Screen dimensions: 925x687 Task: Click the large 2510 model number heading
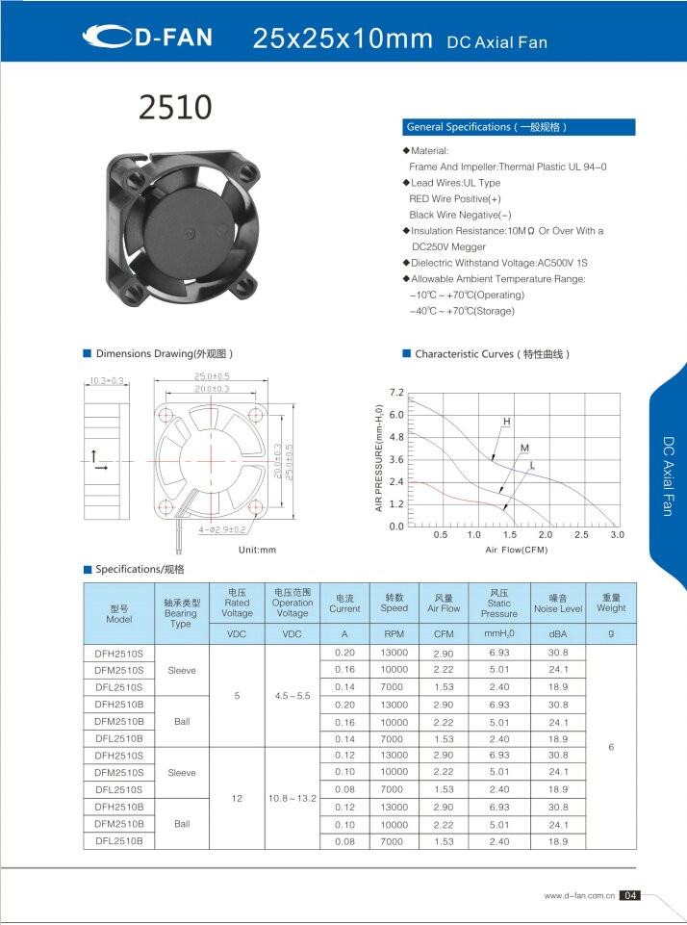[174, 107]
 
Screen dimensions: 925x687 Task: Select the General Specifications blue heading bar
[518, 127]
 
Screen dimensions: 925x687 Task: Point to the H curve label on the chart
[506, 423]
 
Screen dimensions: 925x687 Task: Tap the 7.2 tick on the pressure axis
[396, 393]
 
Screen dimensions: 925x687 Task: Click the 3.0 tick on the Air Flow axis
[617, 534]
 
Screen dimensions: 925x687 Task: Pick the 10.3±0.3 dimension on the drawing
[107, 381]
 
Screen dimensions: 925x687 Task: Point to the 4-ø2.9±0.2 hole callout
[222, 529]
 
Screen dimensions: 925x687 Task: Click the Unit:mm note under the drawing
[257, 550]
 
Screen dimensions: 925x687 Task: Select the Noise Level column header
[558, 603]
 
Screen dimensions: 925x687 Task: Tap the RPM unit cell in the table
[394, 635]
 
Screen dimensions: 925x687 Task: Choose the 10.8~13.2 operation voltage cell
[293, 798]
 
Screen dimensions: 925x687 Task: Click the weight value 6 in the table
[611, 747]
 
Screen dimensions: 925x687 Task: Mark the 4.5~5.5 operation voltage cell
[293, 695]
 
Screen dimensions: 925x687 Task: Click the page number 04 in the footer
[630, 896]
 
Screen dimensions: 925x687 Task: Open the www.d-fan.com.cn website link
[579, 896]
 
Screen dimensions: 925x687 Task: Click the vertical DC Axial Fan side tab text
[667, 475]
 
